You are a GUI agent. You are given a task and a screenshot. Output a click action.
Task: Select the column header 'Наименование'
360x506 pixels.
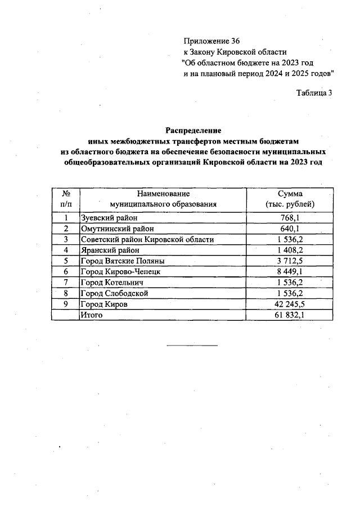163,194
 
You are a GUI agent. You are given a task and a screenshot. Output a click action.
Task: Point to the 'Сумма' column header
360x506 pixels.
289,194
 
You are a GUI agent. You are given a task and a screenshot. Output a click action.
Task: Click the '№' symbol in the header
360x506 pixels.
66,194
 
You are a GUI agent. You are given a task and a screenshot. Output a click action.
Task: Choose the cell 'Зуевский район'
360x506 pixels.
109,218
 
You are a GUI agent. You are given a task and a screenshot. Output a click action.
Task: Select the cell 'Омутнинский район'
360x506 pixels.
117,229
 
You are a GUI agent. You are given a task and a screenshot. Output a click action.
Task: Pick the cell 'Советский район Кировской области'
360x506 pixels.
147,240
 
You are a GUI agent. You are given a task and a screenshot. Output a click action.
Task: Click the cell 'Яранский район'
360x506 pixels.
110,250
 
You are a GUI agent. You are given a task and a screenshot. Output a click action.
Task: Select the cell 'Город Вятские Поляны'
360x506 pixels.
123,261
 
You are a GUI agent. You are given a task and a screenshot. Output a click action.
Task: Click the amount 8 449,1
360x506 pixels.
289,272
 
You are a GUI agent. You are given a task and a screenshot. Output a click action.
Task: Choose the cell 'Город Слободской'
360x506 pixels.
115,293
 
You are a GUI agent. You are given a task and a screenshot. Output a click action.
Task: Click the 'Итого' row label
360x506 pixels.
92,315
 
